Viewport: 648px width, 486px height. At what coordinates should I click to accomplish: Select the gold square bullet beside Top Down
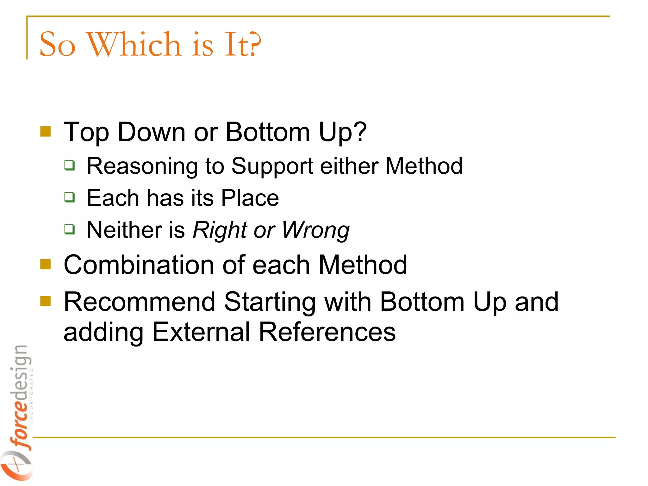pos(46,132)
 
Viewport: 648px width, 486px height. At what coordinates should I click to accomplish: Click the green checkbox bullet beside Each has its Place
pos(70,197)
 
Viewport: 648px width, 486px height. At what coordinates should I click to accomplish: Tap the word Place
pos(250,198)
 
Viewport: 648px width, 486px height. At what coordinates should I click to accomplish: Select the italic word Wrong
pos(315,230)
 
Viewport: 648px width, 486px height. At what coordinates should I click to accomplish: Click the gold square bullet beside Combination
pos(46,264)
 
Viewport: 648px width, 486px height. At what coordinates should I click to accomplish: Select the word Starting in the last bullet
pos(270,302)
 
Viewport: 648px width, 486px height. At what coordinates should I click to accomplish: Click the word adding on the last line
pos(103,332)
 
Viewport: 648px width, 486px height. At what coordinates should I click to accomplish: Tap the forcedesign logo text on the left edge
pos(21,396)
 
